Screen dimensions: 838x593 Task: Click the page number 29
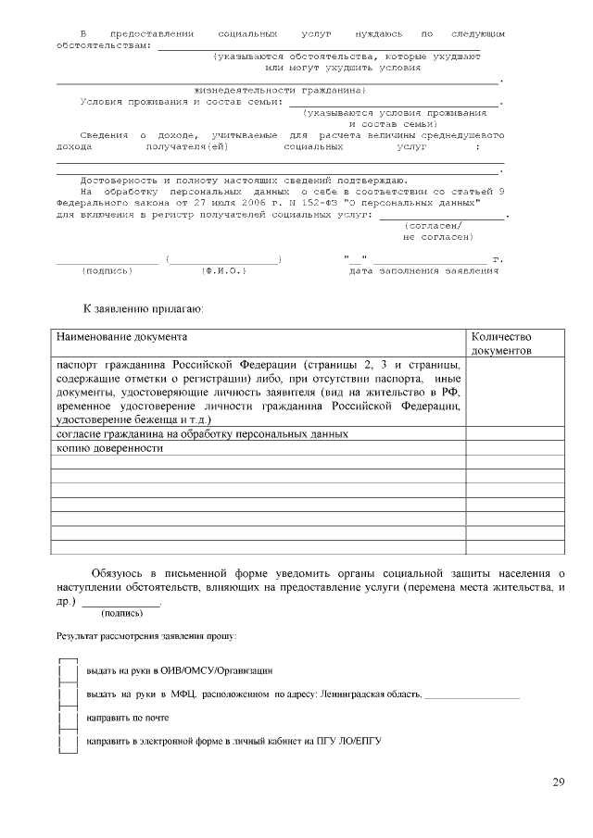tap(558, 783)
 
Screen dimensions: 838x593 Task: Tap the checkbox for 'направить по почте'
tap(67, 718)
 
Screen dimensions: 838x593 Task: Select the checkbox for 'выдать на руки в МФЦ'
tap(67, 694)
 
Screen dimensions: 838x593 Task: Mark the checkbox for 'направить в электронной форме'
tap(67, 742)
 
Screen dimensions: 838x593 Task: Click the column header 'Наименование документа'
tap(121, 338)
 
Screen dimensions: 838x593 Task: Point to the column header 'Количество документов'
tap(501, 344)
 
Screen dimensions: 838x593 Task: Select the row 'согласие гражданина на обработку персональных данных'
tap(202, 433)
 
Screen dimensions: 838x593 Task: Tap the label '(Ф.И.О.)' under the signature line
tap(222, 271)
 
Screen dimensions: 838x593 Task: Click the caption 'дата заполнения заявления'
tap(423, 271)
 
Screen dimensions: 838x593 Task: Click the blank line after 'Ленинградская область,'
tap(472, 694)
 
